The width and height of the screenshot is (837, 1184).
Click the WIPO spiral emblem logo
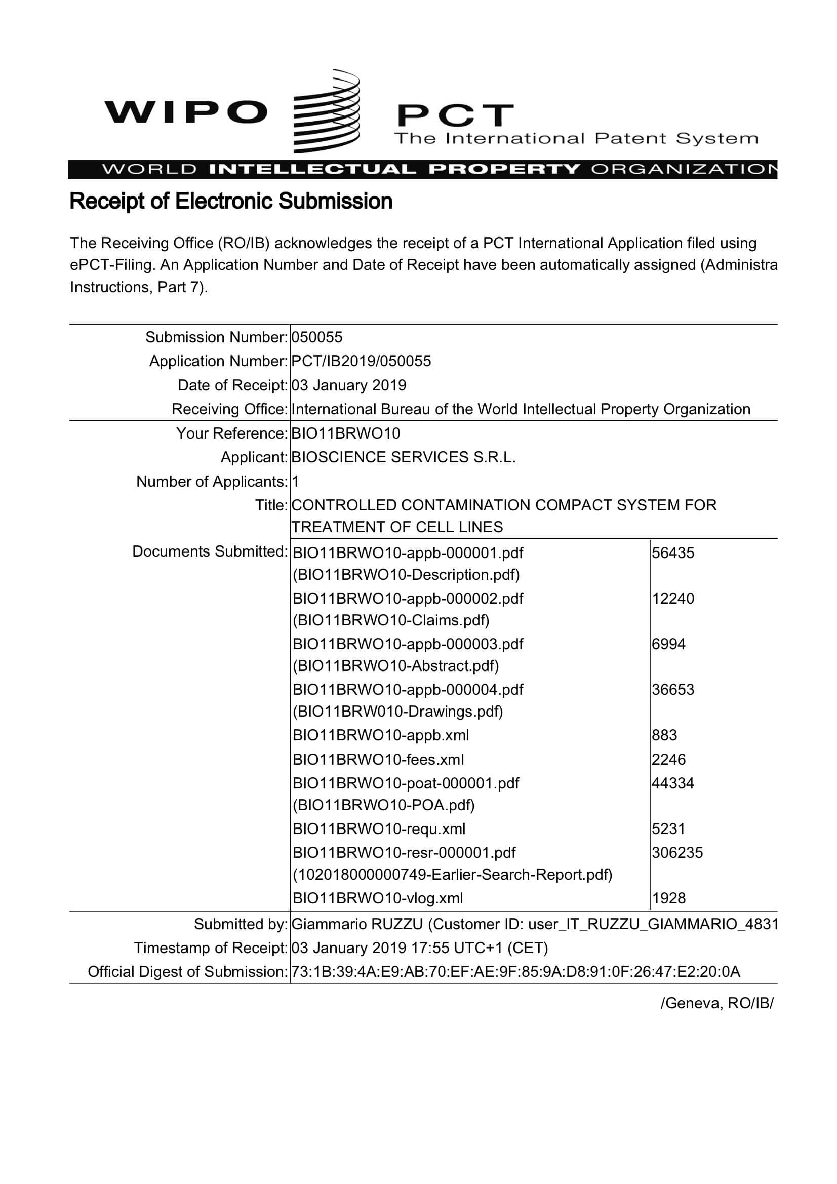pos(326,111)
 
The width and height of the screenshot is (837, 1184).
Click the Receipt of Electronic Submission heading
pos(230,201)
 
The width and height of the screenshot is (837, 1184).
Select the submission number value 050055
pos(316,337)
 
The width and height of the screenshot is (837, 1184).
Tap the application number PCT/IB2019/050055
pos(361,361)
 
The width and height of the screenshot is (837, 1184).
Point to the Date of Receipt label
pos(232,385)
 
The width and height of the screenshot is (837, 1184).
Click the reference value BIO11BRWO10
pos(345,433)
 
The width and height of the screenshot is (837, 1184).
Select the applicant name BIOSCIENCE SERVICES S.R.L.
pos(403,457)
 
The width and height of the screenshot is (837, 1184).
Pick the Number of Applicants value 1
pos(296,482)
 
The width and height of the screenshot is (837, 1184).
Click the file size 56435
pos(673,553)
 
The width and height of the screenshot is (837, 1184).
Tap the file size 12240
pos(673,598)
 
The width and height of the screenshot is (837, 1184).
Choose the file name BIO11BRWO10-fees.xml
pos(378,760)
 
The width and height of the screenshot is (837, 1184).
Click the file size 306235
pos(677,852)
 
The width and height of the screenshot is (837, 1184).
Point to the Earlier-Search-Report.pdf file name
pos(452,875)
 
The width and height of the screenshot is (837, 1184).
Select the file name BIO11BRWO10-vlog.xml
pos(378,898)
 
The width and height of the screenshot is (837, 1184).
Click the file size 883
pos(664,735)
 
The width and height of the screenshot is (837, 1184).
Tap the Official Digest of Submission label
pos(187,971)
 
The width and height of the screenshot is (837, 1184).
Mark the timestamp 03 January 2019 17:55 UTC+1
pos(419,948)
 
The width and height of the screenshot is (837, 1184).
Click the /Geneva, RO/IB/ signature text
pos(717,1003)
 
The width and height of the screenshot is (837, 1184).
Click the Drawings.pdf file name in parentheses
pos(397,712)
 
